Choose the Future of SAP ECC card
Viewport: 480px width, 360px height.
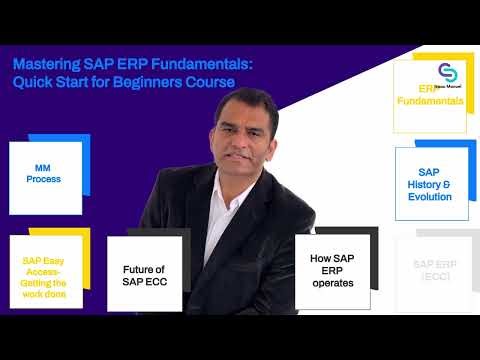tap(144, 274)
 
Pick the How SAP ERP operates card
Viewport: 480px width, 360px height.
tap(332, 270)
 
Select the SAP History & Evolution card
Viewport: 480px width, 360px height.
tap(432, 184)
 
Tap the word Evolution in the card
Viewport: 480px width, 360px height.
tap(431, 197)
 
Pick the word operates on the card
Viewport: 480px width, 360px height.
tap(332, 283)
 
